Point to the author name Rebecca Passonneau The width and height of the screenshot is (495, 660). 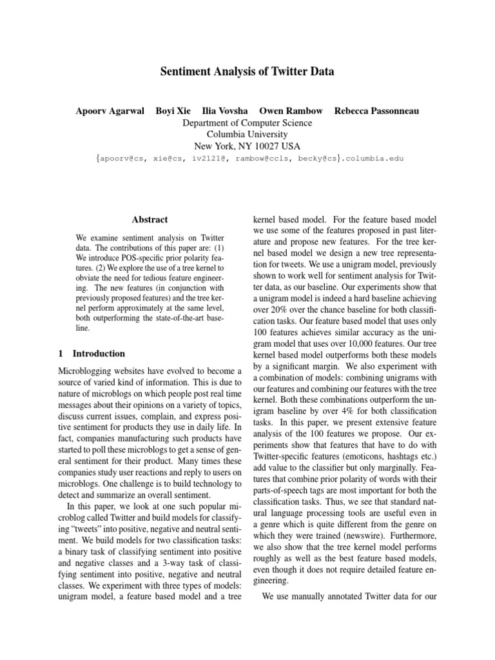coord(376,111)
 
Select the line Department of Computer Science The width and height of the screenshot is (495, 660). coord(247,122)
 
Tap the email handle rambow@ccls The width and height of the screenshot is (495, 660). coord(264,159)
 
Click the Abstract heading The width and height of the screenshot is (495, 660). coord(150,220)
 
